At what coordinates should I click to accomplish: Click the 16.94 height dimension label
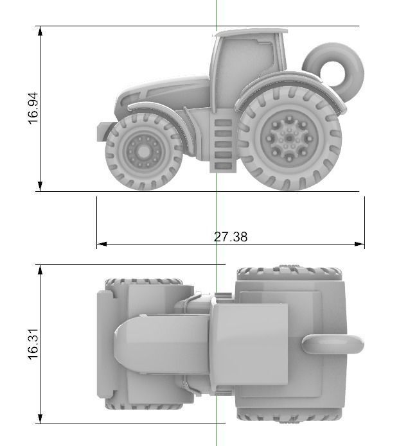[x=33, y=108]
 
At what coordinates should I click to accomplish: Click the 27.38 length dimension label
[x=230, y=237]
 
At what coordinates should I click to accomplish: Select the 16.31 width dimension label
[x=33, y=345]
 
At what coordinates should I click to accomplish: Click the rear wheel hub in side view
[x=289, y=138]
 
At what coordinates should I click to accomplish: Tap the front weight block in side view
[x=102, y=132]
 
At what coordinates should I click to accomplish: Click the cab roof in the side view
[x=251, y=31]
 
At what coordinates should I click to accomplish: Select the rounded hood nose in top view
[x=129, y=343]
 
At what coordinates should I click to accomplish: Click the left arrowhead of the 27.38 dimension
[x=100, y=244]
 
